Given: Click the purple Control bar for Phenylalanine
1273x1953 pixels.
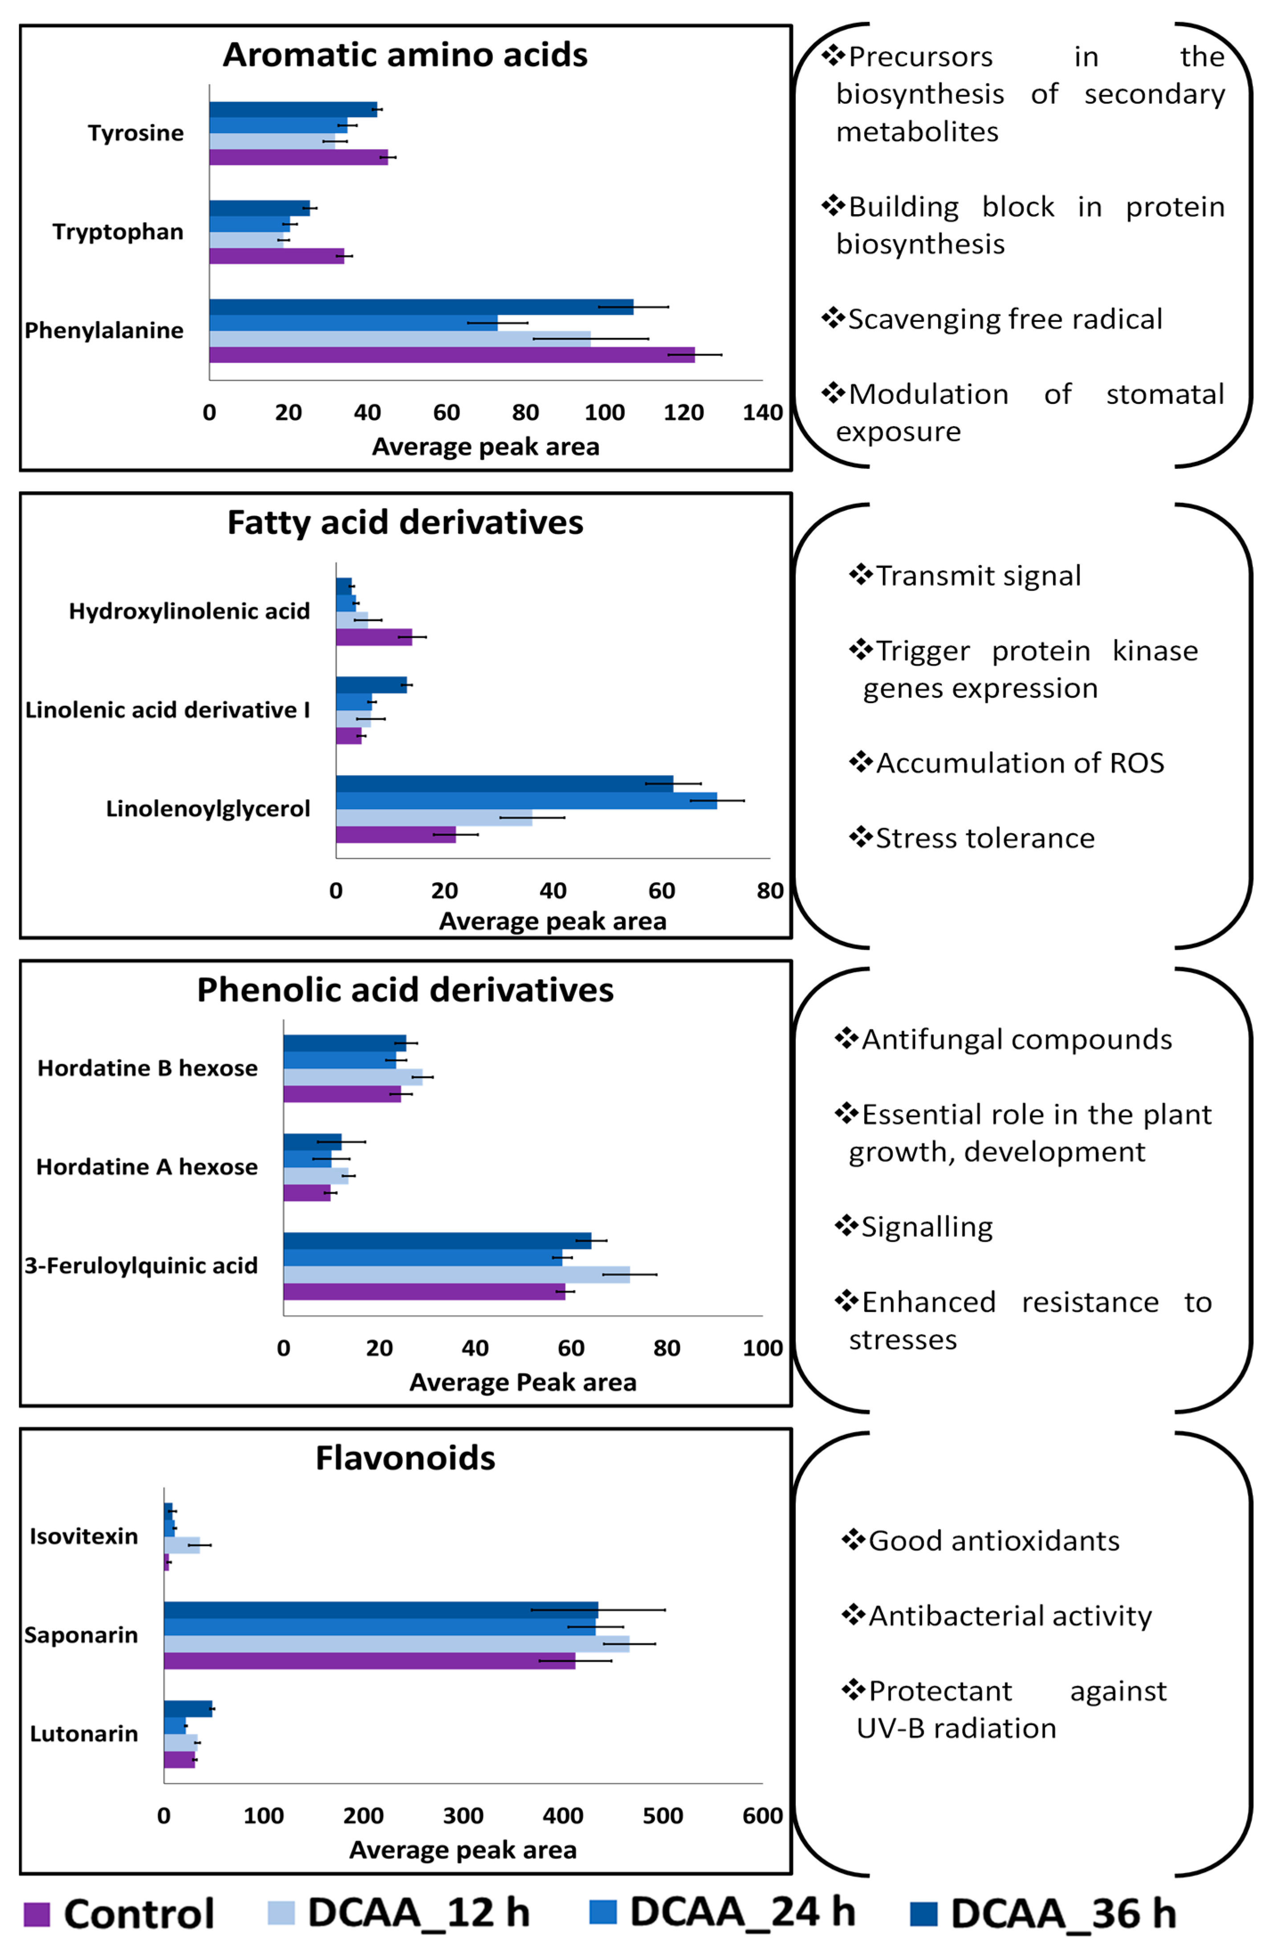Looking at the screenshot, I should (x=451, y=354).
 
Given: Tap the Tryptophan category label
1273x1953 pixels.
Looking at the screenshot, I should (x=118, y=232).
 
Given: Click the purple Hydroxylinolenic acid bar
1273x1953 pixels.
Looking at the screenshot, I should (x=374, y=637).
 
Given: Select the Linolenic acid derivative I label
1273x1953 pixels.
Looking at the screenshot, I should (x=167, y=710).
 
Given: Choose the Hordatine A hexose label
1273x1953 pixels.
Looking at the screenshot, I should (x=147, y=1167).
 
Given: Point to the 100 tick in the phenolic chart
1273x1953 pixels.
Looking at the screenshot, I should (x=762, y=1348).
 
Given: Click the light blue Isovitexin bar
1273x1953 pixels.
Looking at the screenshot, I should (x=181, y=1545).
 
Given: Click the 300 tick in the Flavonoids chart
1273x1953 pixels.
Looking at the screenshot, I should (x=463, y=1816).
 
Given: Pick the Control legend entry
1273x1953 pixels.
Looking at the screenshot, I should (x=119, y=1914).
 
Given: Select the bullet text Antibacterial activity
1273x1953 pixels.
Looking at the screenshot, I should (x=1009, y=1616).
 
